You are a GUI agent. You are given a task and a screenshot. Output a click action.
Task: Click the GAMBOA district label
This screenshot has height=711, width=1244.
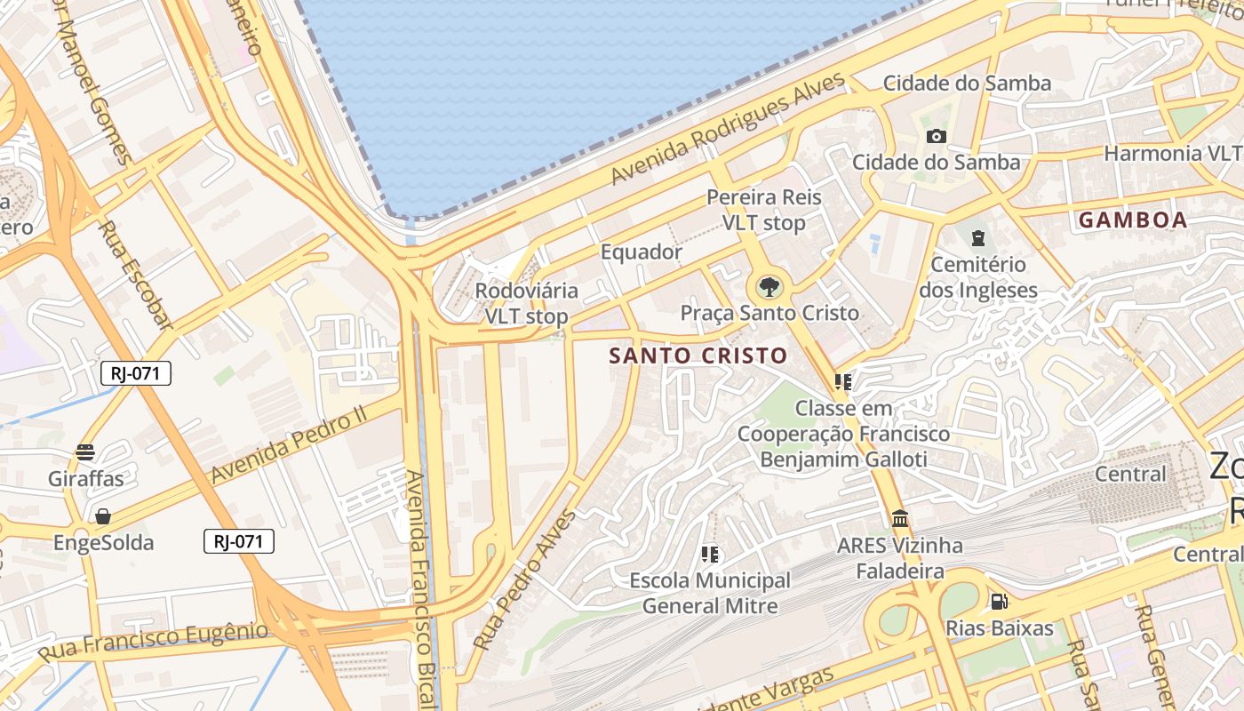[x=1133, y=220]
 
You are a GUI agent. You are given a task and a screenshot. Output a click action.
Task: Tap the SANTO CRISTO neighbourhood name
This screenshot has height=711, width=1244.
[x=698, y=355]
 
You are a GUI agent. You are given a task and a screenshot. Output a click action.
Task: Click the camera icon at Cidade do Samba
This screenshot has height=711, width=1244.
[x=936, y=136]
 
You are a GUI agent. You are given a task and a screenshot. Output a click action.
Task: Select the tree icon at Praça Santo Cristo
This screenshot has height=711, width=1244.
[x=769, y=287]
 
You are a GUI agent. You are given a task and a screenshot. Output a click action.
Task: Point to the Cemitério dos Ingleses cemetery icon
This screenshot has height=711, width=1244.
[x=978, y=237]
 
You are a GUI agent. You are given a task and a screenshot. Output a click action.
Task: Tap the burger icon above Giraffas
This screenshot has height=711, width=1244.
[x=85, y=452]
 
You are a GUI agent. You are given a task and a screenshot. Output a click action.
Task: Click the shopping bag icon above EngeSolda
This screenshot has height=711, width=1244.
[x=103, y=516]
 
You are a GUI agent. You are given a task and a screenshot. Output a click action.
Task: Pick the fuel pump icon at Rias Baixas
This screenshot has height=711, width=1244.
[x=999, y=602]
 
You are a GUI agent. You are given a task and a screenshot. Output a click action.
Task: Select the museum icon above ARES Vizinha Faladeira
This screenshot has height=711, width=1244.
[x=900, y=518]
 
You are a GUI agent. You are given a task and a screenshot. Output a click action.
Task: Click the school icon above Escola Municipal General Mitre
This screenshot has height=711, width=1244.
[x=709, y=555]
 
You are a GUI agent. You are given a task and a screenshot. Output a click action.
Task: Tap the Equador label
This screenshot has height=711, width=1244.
[x=641, y=252]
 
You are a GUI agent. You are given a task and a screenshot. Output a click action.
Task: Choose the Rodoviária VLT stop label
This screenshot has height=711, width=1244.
[x=526, y=303]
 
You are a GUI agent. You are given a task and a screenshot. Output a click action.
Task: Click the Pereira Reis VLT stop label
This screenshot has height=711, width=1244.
[x=764, y=210]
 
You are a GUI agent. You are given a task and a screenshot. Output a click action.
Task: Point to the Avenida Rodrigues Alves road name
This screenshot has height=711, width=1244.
[x=729, y=129]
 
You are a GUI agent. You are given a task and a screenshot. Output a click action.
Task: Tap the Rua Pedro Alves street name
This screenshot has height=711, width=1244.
[x=524, y=578]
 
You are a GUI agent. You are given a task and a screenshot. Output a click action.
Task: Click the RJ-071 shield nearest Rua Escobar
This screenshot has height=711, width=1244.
[x=136, y=373]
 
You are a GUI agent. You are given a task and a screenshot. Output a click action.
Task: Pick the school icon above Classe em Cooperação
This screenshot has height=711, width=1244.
[x=842, y=382]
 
